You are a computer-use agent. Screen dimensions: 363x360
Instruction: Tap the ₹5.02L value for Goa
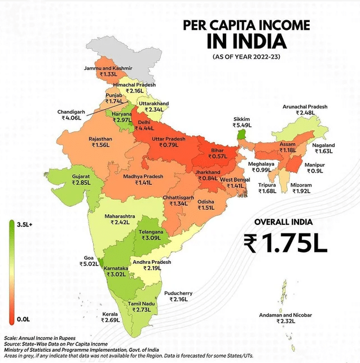coord(89,263)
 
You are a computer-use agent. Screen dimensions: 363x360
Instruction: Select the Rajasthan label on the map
coord(100,138)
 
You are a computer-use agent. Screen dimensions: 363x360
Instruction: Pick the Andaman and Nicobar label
coord(286,315)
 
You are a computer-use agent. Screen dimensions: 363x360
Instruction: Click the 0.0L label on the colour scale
coord(23,319)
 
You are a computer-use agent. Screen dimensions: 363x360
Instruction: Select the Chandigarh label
coord(71,112)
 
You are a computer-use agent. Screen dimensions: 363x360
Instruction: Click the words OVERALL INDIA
coord(283,222)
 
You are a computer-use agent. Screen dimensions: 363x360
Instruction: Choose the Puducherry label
coord(178,293)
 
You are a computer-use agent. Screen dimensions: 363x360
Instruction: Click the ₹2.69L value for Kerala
coord(111,320)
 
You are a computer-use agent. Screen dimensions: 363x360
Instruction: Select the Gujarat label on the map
coord(81,176)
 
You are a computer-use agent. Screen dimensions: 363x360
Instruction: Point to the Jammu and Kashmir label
coord(116,68)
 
